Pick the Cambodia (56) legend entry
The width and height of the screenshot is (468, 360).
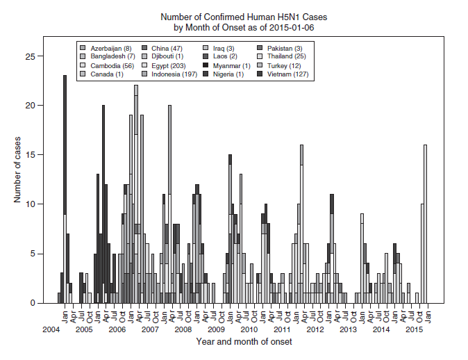pos(108,65)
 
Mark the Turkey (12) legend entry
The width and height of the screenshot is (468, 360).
pos(279,65)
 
